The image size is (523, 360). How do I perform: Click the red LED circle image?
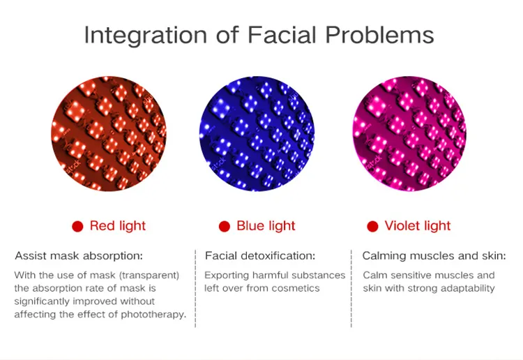[109, 134]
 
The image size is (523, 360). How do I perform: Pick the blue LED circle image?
[257, 134]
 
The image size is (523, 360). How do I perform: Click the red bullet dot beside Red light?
[78, 226]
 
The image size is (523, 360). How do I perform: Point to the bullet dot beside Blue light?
[225, 226]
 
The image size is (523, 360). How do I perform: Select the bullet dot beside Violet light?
[372, 226]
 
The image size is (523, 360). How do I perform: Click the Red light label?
[118, 226]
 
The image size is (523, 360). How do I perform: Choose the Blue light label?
[266, 226]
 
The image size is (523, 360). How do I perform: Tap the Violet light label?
[418, 226]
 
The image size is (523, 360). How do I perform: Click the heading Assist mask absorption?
[79, 256]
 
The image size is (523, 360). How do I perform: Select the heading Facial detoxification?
[260, 256]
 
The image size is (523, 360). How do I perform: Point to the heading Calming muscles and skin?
[434, 256]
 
